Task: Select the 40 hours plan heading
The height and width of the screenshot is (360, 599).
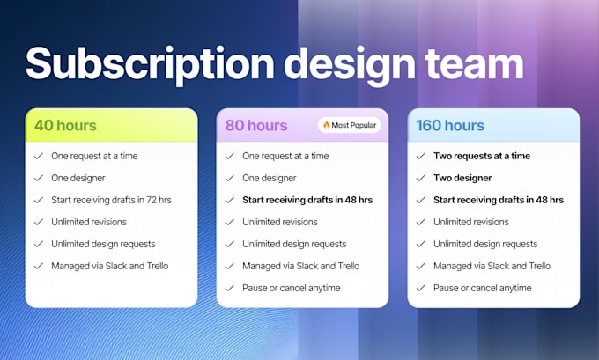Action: pos(65,125)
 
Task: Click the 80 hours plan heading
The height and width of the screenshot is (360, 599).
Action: pos(256,125)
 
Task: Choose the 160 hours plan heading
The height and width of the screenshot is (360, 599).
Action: pos(451,125)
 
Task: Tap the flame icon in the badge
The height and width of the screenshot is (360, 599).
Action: pos(326,125)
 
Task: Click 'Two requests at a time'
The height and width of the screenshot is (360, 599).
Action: pos(482,156)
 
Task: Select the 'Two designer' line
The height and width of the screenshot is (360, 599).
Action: pos(462,178)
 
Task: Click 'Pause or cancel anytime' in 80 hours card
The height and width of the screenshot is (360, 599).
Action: pos(292,288)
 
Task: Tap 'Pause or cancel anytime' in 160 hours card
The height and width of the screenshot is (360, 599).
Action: pos(483,288)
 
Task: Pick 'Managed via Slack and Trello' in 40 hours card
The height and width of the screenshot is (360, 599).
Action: pos(110,266)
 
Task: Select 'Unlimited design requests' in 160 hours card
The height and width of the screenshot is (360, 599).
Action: pos(485,244)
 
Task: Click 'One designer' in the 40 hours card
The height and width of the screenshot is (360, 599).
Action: pos(78,178)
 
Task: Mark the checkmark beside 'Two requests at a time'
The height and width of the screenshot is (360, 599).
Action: pos(419,156)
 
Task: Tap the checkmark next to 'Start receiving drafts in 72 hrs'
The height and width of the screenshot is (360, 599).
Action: pos(38,200)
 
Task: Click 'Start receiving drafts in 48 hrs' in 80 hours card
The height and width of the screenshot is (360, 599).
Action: pos(307,200)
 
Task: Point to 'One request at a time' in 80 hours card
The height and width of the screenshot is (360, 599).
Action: pos(285,156)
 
